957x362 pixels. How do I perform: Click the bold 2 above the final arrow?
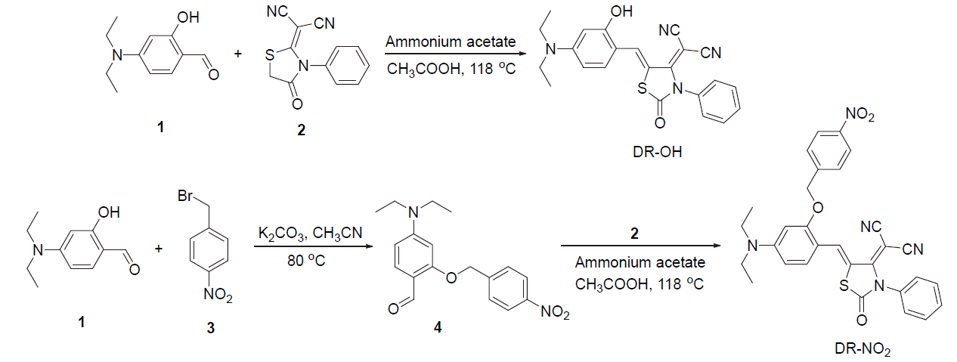pyautogui.click(x=634, y=235)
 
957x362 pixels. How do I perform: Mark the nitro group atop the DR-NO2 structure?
pyautogui.click(x=860, y=114)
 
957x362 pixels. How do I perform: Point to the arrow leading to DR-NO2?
pyautogui.click(x=639, y=246)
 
